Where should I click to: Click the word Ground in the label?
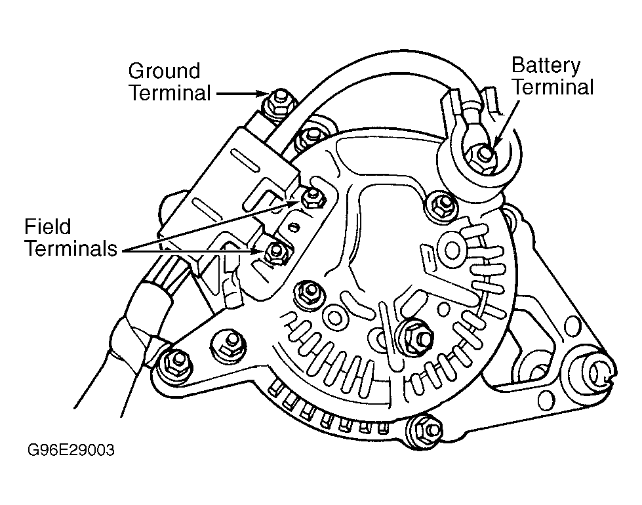point(164,71)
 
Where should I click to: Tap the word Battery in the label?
point(546,66)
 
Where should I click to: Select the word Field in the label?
point(48,226)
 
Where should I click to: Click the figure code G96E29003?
point(71,450)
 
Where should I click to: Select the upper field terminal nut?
point(313,197)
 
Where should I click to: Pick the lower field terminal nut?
point(275,251)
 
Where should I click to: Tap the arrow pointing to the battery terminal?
point(506,123)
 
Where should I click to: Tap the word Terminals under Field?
point(71,249)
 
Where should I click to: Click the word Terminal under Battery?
point(553,87)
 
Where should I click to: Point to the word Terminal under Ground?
point(170,92)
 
